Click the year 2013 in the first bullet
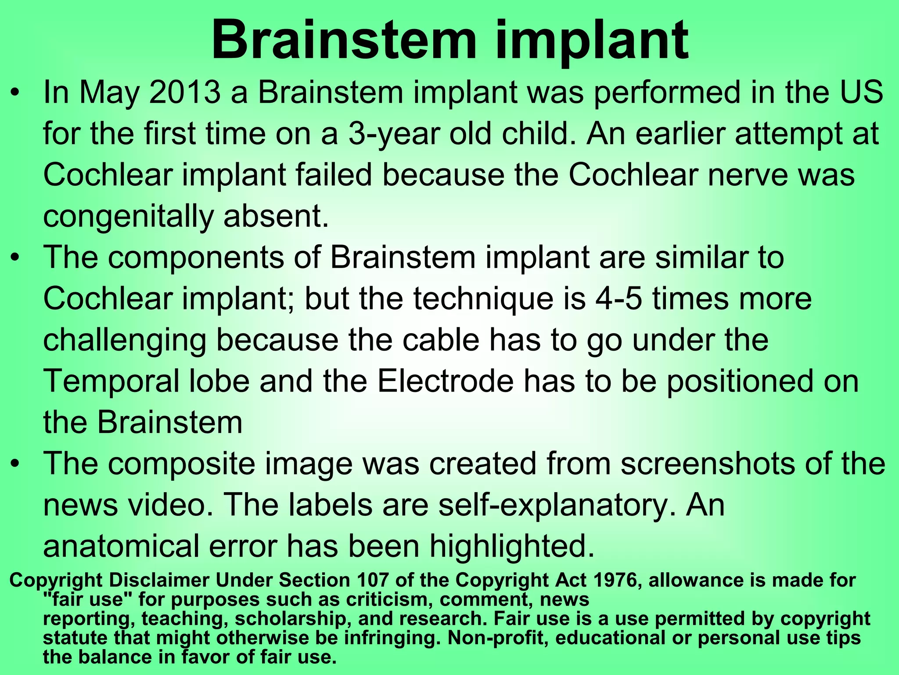185,92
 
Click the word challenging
125,341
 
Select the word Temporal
111,381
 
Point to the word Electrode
445,381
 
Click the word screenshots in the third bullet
707,464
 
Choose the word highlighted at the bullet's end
511,546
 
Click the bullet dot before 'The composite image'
15,464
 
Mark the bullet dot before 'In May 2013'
15,92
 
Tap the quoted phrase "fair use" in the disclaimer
83,599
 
